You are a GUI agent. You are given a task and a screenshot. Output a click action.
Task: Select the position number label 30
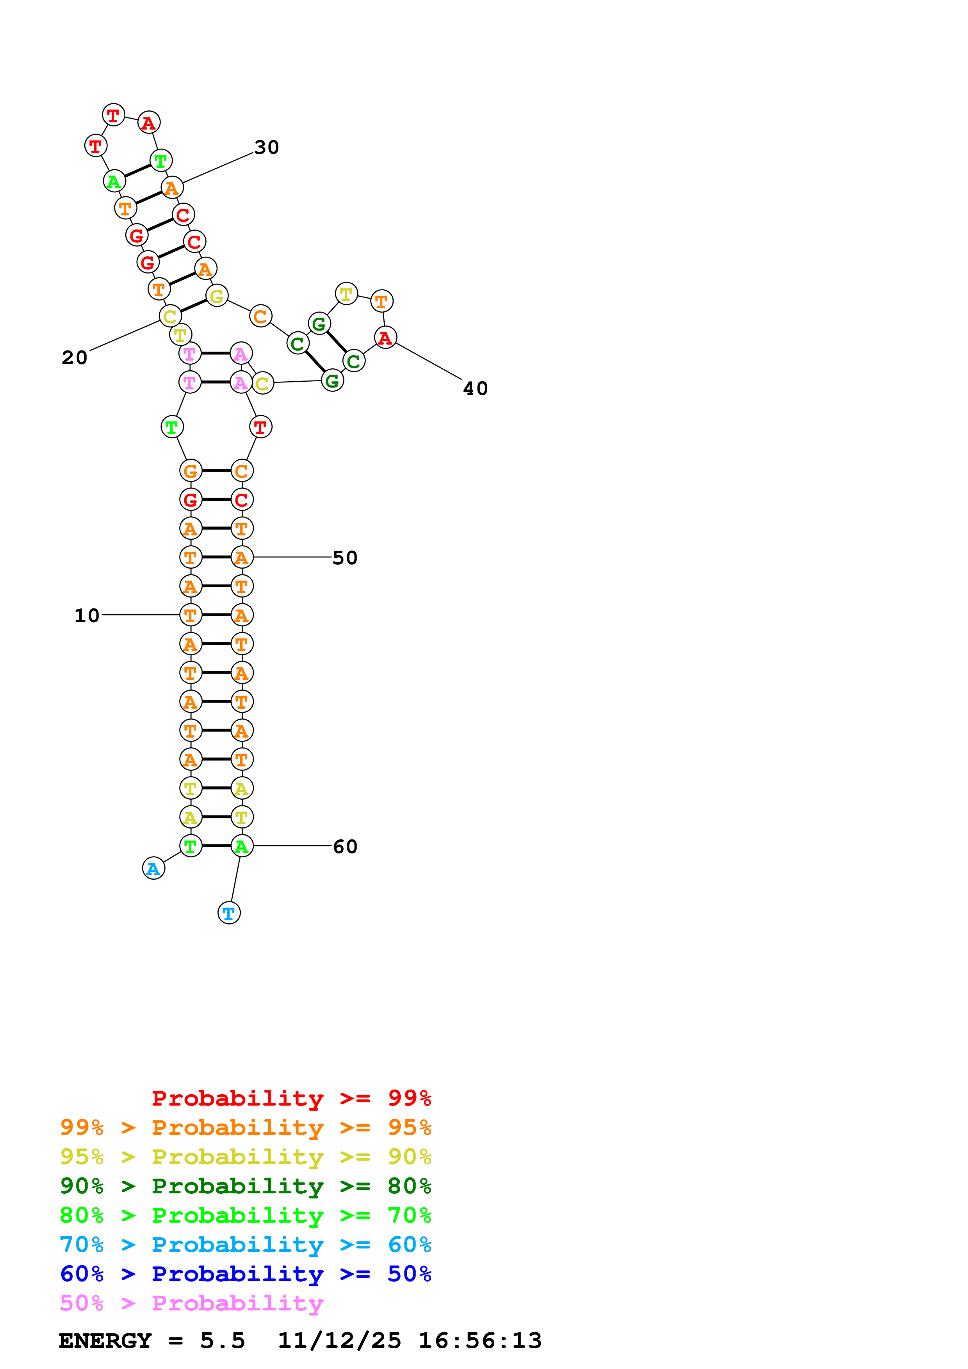(267, 147)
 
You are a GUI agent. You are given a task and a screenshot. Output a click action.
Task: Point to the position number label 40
(475, 388)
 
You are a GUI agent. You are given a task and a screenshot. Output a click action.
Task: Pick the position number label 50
(345, 558)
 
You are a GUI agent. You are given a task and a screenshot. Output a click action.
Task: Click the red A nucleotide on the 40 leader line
(385, 338)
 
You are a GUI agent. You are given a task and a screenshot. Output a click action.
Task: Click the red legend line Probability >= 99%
(291, 1098)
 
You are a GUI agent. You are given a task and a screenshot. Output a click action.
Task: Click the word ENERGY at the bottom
(105, 1341)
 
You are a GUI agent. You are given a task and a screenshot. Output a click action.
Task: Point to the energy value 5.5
(223, 1341)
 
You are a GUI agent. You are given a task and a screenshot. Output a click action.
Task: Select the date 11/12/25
(339, 1341)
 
